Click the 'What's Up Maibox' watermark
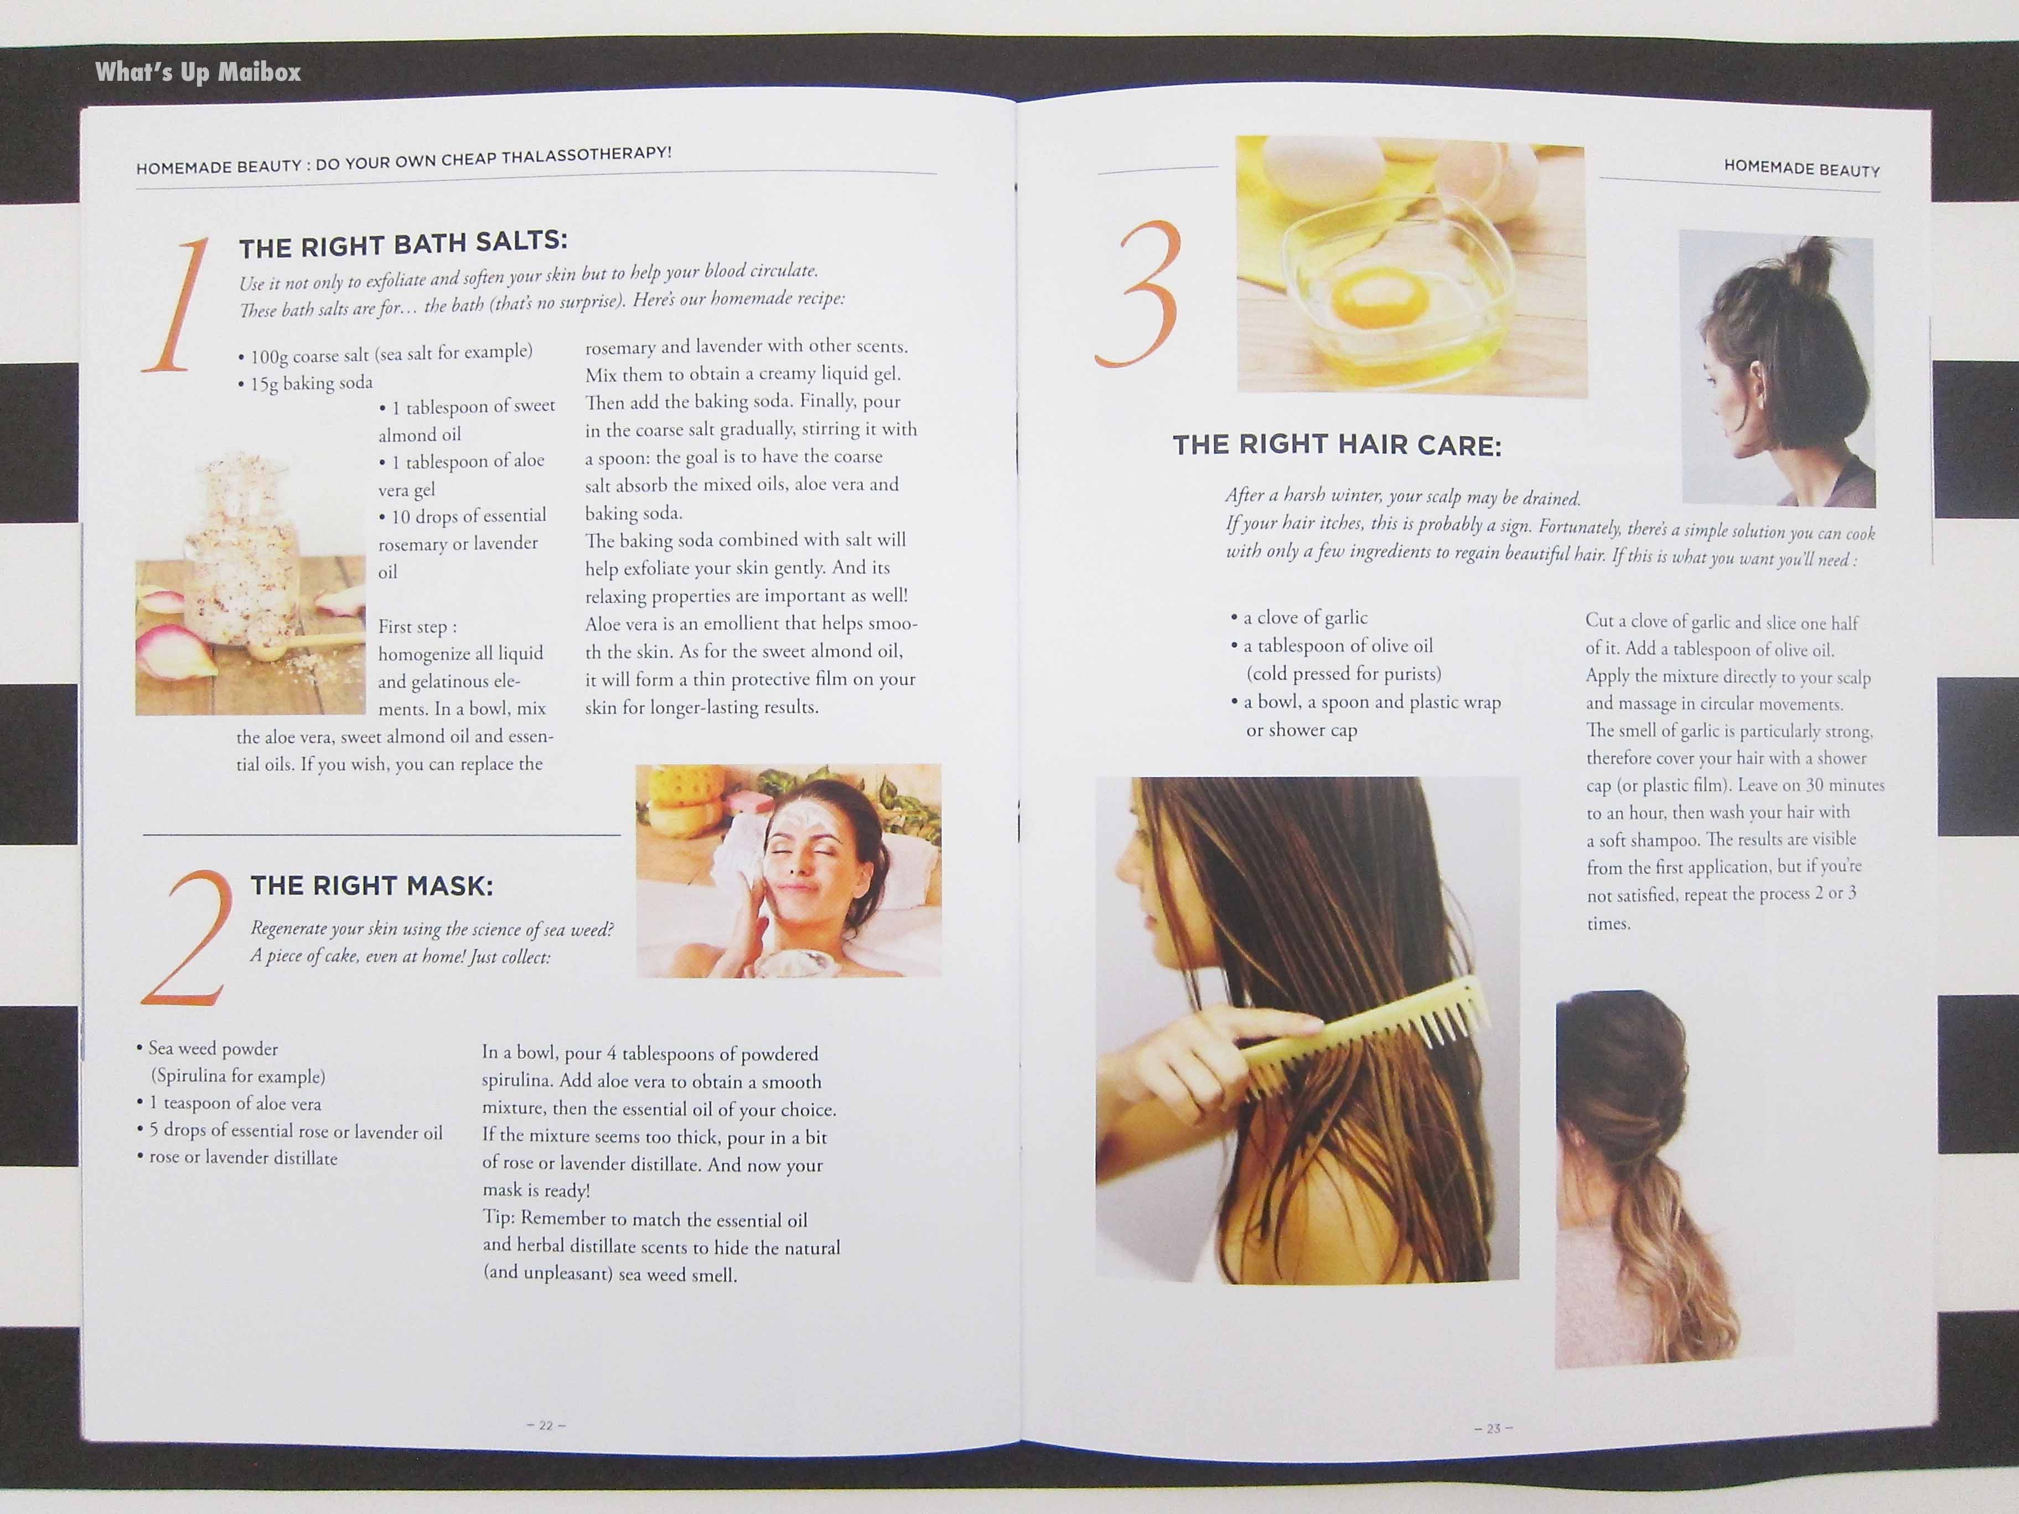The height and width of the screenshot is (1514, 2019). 198,72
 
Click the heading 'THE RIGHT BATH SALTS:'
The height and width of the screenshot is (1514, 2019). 403,243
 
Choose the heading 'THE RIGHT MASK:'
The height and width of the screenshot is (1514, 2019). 371,885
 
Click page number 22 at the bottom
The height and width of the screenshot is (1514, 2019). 546,1424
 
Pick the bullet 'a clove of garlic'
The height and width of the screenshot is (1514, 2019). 1299,618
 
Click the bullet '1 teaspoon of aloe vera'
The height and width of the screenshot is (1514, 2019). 229,1103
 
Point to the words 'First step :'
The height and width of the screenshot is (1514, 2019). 418,627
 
